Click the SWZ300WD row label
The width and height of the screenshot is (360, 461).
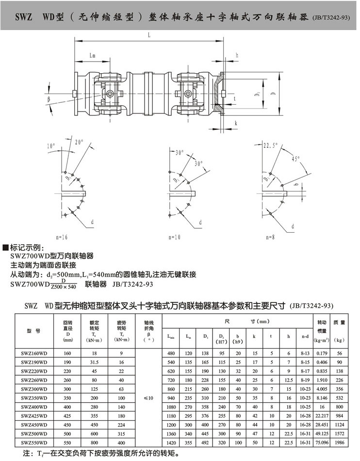[x=34, y=389]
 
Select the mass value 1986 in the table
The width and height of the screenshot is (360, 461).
[x=340, y=443]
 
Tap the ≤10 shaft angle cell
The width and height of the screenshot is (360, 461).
[x=148, y=398]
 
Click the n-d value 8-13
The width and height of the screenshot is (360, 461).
[x=305, y=353]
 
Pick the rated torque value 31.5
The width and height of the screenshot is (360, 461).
[x=94, y=362]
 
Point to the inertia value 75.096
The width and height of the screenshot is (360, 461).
[x=322, y=443]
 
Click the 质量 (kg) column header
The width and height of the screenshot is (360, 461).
[x=339, y=331]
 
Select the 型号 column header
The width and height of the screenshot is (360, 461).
[x=33, y=331]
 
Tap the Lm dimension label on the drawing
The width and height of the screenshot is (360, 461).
[x=93, y=55]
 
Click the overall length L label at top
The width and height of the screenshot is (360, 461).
[x=149, y=35]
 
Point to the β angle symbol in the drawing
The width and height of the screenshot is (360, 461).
[x=49, y=99]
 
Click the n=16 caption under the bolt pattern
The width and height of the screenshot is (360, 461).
[x=62, y=237]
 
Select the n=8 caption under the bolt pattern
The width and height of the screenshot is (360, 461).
[x=270, y=237]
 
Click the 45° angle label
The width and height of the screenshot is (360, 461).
[x=295, y=159]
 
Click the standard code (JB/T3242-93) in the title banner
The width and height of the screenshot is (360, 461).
[x=331, y=17]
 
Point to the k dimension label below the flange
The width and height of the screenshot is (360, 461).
[x=236, y=123]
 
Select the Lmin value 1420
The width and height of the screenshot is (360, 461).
[x=171, y=443]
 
